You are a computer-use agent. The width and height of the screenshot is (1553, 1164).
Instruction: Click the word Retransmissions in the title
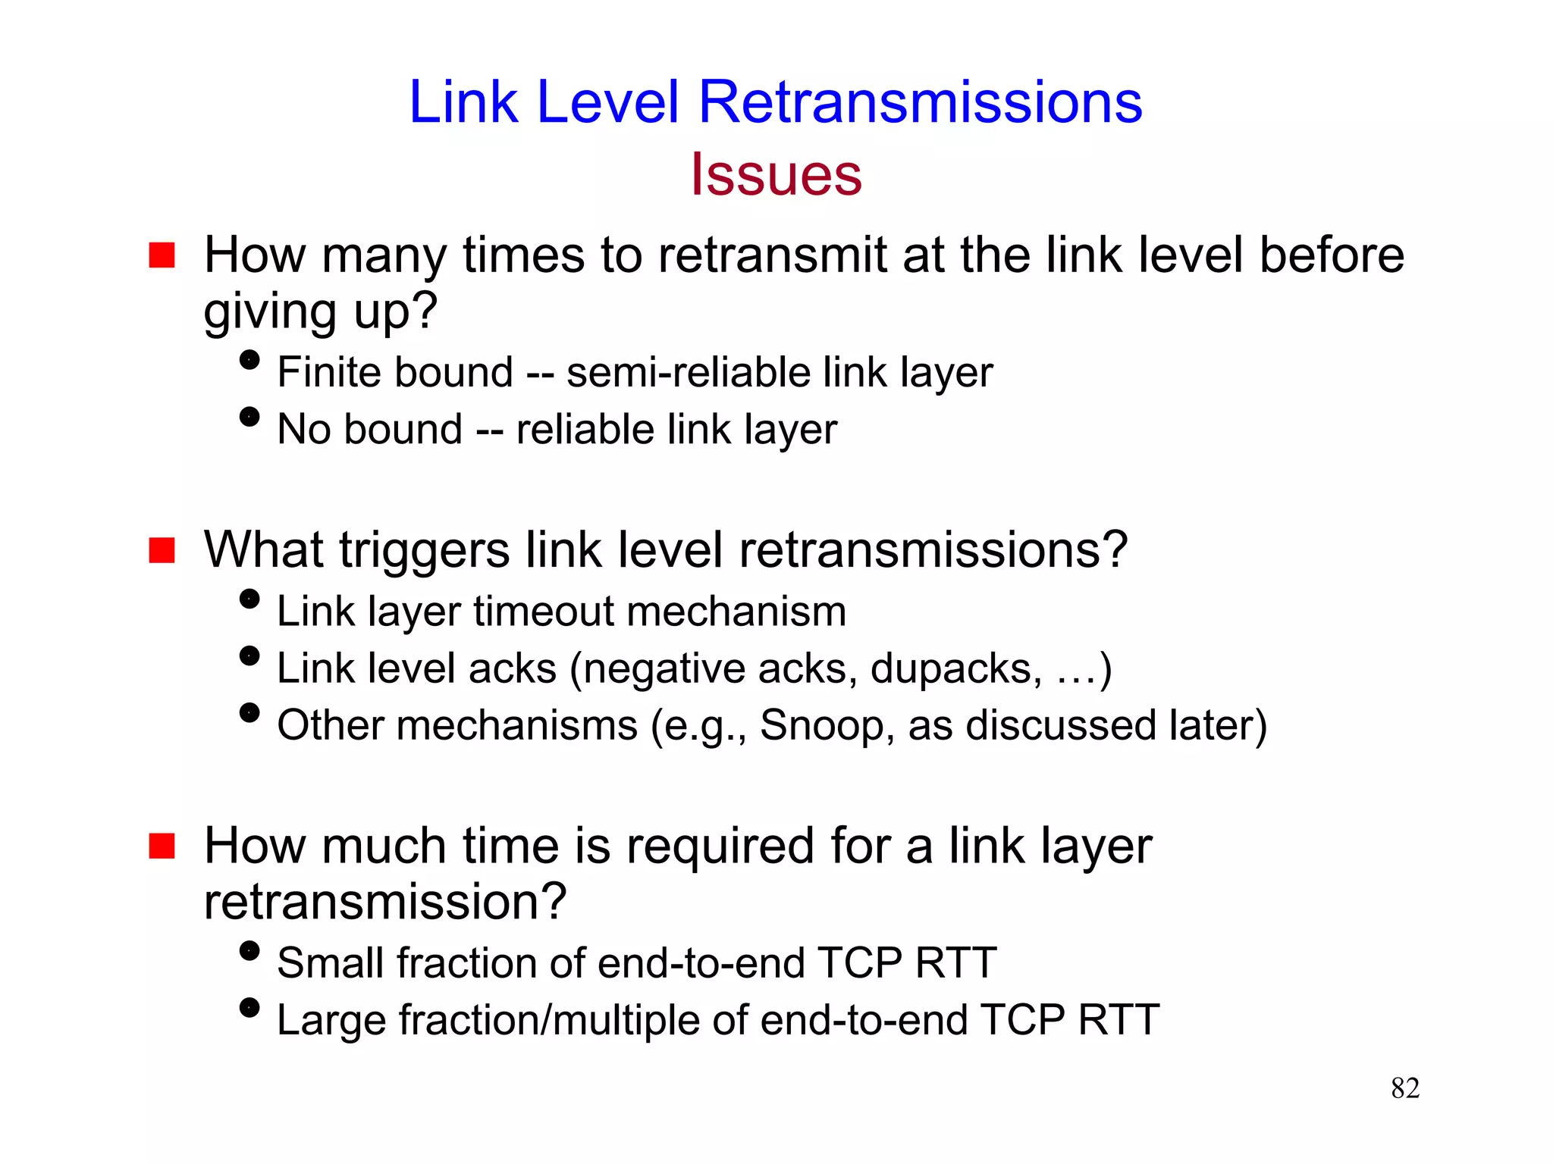tap(920, 102)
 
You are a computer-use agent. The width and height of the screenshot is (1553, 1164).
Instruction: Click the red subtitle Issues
tap(776, 175)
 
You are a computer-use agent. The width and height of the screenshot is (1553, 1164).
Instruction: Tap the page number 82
tap(1405, 1088)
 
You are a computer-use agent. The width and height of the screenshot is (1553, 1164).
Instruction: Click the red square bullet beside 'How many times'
tap(162, 255)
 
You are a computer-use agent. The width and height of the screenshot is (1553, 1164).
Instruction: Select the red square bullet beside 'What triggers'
tap(162, 550)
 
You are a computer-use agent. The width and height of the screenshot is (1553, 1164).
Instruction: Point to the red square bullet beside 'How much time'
tap(162, 846)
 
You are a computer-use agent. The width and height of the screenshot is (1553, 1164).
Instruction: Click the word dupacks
tap(955, 669)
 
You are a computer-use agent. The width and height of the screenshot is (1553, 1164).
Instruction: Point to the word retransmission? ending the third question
tap(385, 902)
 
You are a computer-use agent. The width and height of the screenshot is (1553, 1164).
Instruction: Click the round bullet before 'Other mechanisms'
tap(249, 713)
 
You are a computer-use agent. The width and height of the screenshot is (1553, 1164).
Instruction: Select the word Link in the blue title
tap(463, 102)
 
